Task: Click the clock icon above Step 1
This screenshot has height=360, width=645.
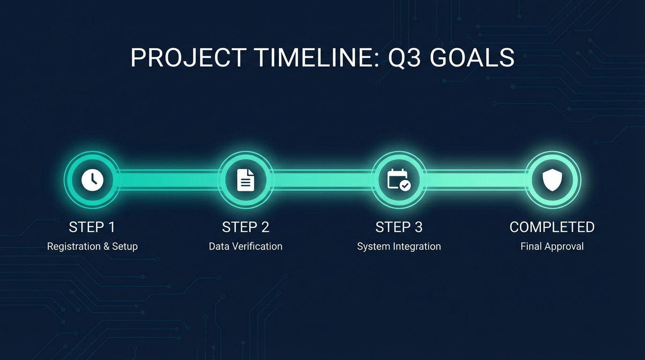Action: [92, 180]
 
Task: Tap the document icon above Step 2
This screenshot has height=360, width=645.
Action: [246, 180]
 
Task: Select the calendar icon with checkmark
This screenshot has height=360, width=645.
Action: [399, 180]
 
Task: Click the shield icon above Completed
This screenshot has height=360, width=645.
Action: [552, 180]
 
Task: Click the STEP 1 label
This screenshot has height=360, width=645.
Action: [92, 227]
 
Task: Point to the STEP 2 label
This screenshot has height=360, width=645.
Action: [246, 227]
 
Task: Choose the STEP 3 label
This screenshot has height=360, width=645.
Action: [399, 227]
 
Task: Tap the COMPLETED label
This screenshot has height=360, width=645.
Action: [552, 227]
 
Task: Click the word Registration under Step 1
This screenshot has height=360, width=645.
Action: [74, 247]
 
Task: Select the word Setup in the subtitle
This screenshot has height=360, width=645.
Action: [125, 247]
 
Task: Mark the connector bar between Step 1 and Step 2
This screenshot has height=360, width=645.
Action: [169, 180]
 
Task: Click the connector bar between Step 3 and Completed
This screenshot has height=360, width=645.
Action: [475, 180]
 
